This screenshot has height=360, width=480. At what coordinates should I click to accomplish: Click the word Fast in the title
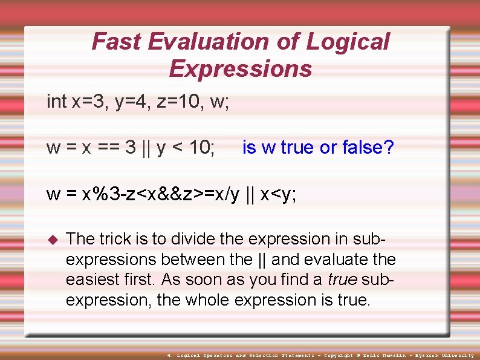pyautogui.click(x=116, y=42)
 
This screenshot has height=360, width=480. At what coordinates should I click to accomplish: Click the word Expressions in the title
pyautogui.click(x=240, y=69)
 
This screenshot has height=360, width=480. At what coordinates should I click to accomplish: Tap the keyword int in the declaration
pyautogui.click(x=57, y=102)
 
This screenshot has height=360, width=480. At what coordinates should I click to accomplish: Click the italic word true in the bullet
pyautogui.click(x=341, y=280)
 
